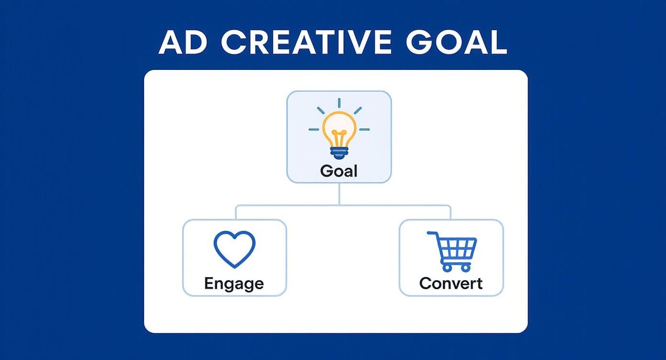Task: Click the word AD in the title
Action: click(x=183, y=42)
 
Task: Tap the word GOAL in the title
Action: click(x=456, y=42)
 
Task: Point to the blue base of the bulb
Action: click(x=339, y=153)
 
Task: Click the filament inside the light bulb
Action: click(x=339, y=138)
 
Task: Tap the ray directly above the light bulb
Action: click(x=339, y=103)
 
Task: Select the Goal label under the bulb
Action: click(x=339, y=171)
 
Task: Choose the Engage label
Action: click(x=234, y=283)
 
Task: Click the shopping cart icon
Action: click(x=452, y=251)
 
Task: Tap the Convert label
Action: click(x=451, y=283)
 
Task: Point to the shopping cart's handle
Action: click(x=433, y=234)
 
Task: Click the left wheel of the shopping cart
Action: click(x=447, y=268)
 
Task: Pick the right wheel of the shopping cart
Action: click(x=466, y=268)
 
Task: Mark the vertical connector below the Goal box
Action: click(x=339, y=194)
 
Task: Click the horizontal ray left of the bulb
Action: click(x=314, y=130)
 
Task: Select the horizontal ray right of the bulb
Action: click(x=365, y=130)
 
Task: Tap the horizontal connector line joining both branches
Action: click(x=343, y=205)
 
